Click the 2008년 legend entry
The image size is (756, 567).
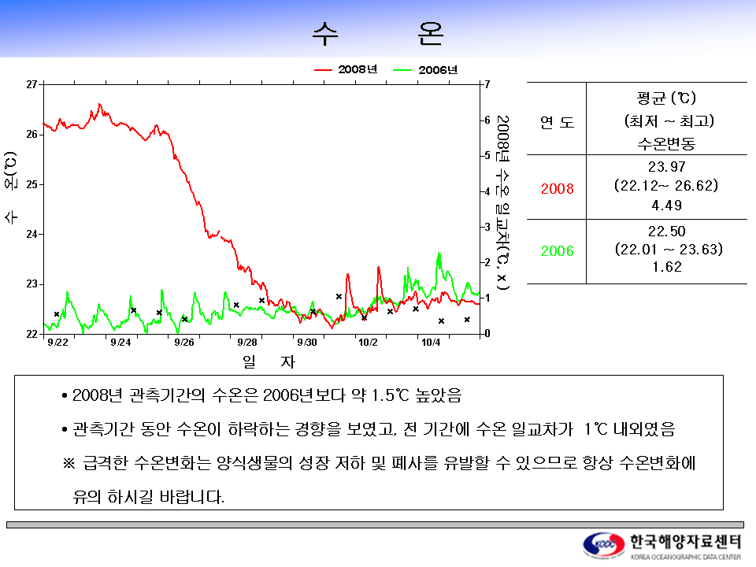click(x=346, y=69)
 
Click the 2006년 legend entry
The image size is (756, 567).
click(x=425, y=70)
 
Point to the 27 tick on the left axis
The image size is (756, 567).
click(x=31, y=84)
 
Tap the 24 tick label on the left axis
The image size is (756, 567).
click(x=31, y=235)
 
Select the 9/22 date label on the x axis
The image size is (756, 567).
click(x=57, y=343)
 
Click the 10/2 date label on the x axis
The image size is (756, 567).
click(x=368, y=343)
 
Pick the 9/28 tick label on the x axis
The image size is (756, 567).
click(x=247, y=343)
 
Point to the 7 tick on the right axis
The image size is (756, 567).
click(x=487, y=84)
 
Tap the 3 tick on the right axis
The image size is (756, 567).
click(x=487, y=227)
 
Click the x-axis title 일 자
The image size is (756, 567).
click(x=269, y=361)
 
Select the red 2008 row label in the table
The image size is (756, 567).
click(x=558, y=188)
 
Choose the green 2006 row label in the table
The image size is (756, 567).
click(x=558, y=251)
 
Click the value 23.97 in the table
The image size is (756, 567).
click(x=667, y=167)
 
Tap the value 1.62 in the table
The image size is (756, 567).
click(x=667, y=267)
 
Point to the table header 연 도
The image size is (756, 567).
click(x=558, y=123)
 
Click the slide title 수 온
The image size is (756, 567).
click(x=378, y=34)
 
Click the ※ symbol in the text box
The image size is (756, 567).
click(x=69, y=463)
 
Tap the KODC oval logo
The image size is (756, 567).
click(x=604, y=545)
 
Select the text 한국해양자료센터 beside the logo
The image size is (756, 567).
click(x=686, y=542)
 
